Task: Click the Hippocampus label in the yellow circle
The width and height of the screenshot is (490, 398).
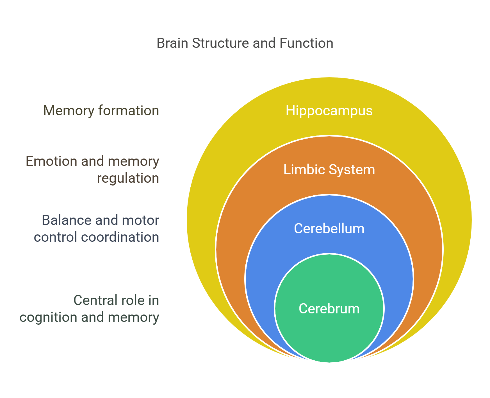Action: click(329, 110)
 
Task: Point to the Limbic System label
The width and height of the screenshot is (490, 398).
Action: click(329, 169)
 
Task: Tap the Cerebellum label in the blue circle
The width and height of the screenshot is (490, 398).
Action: click(329, 229)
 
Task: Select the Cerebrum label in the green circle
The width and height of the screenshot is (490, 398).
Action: click(329, 309)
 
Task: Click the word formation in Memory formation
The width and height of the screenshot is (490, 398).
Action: click(129, 110)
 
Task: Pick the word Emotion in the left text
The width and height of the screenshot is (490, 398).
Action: click(51, 161)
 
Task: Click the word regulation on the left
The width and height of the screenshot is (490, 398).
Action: click(128, 178)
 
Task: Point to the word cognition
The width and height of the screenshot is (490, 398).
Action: click(48, 317)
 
